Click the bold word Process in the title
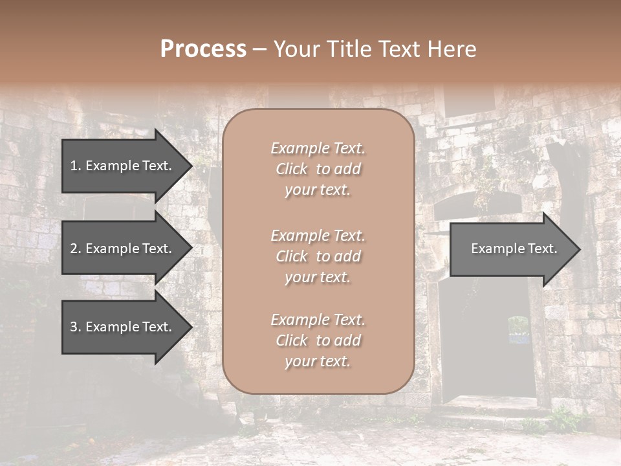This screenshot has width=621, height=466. click(x=203, y=49)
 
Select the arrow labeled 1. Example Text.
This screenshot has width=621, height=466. click(x=120, y=166)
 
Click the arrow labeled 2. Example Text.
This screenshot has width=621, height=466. click(x=120, y=249)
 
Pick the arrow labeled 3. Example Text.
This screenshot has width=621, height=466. click(x=120, y=327)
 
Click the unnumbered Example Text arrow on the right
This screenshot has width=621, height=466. click(x=514, y=249)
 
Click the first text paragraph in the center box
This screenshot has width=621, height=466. click(x=318, y=169)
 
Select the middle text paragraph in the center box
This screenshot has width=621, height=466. click(x=318, y=256)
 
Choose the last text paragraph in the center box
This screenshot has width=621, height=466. click(x=318, y=340)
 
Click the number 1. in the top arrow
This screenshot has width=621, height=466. click(x=76, y=166)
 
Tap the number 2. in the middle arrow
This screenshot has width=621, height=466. click(x=76, y=249)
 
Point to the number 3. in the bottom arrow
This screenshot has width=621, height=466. click(x=76, y=327)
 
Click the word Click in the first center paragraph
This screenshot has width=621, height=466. click(x=292, y=169)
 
